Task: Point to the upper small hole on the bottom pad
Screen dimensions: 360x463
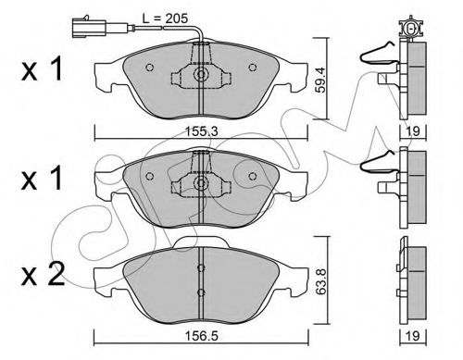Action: pos(199,269)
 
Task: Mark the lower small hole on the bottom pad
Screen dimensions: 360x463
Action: pos(199,293)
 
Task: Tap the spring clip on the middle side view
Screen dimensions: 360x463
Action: pos(381,166)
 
